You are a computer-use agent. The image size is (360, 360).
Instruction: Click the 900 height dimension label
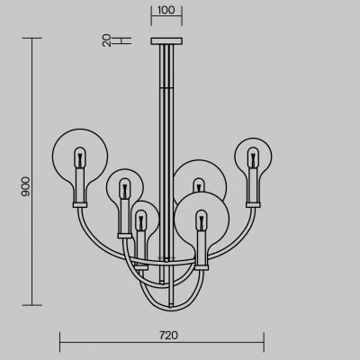pyautogui.click(x=26, y=186)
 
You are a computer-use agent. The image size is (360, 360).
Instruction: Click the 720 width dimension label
pyautogui.click(x=168, y=335)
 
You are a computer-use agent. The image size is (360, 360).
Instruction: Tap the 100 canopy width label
pyautogui.click(x=166, y=10)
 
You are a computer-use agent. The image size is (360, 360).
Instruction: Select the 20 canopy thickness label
pyautogui.click(x=107, y=40)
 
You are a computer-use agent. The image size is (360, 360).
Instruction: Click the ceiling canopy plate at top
pyautogui.click(x=166, y=40)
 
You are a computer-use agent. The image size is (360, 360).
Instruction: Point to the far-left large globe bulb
pyautogui.click(x=80, y=156)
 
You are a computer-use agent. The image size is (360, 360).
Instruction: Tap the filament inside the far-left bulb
pyautogui.click(x=80, y=158)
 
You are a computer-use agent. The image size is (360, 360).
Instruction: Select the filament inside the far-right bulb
pyautogui.click(x=253, y=157)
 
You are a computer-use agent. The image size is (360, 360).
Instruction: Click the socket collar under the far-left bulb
pyautogui.click(x=80, y=205)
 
